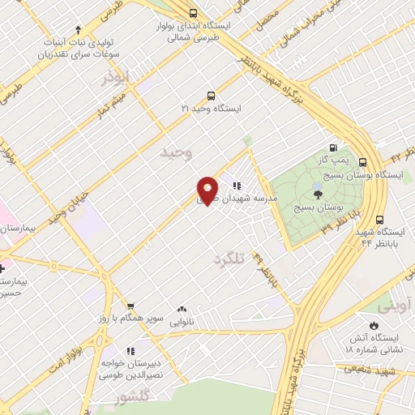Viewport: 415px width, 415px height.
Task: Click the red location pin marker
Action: coord(208,190)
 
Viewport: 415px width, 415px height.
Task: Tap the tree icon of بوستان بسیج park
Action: coord(317,193)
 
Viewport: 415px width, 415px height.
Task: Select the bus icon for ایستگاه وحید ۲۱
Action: coord(212,95)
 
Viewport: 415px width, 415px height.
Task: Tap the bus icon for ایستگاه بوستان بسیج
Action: coord(362,161)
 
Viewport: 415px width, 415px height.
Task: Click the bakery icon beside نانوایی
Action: coord(181,309)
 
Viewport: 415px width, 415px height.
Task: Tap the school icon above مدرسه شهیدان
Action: coord(237,185)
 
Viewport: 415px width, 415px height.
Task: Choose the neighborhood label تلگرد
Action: coord(229,259)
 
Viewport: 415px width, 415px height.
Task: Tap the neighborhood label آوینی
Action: coord(396,307)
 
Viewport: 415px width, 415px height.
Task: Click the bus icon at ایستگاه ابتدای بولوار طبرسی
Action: coord(192,12)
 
